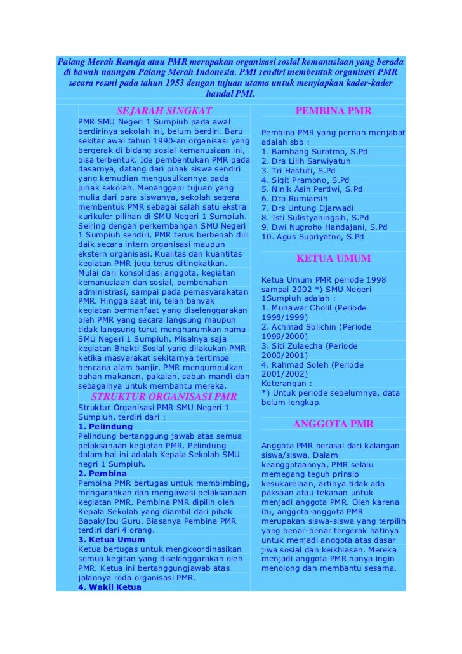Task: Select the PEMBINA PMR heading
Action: click(333, 112)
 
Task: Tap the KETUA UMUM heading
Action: click(333, 258)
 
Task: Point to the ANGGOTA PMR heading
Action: click(333, 424)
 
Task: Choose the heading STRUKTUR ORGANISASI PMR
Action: click(164, 397)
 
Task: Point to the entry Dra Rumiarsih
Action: click(294, 199)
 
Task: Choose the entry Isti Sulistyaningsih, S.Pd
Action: click(315, 218)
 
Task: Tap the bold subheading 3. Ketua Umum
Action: click(111, 540)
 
